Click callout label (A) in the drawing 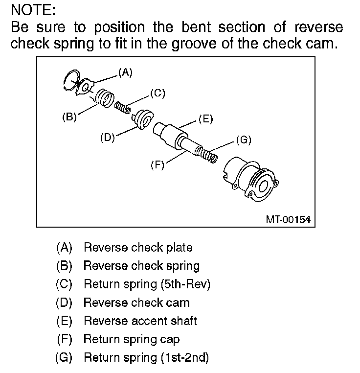125,72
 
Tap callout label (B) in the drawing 69,117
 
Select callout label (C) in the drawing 157,93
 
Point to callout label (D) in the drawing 107,138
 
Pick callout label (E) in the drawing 205,119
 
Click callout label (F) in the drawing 157,165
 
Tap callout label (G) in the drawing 243,140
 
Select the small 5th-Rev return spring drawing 123,107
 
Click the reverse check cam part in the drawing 143,118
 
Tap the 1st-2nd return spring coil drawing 206,154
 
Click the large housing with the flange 252,179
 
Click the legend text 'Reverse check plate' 138,248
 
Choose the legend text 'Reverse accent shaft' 140,321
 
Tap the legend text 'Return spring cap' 132,339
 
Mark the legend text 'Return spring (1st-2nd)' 146,357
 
